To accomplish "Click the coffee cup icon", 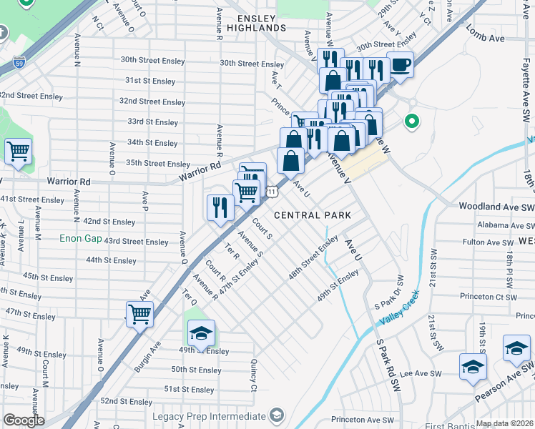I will click(x=400, y=64).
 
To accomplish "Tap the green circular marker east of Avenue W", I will click(x=411, y=122).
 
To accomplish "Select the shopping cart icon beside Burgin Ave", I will click(x=139, y=313).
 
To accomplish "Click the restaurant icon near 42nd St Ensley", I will click(x=220, y=207).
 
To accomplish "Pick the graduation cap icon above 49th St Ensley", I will click(x=201, y=332).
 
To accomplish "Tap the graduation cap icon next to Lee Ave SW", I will click(x=473, y=366).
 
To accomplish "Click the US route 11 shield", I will click(x=273, y=191).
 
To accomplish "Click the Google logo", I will click(x=24, y=420).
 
